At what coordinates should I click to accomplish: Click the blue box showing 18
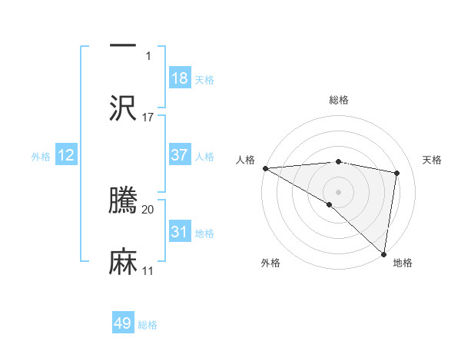pyautogui.click(x=180, y=78)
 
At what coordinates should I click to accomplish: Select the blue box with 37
pyautogui.click(x=180, y=155)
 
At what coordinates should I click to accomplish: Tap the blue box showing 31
pyautogui.click(x=180, y=232)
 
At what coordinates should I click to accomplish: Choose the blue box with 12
pyautogui.click(x=66, y=155)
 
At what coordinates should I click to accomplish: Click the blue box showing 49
pyautogui.click(x=123, y=323)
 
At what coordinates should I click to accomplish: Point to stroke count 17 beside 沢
pyautogui.click(x=148, y=117)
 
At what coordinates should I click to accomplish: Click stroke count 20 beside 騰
pyautogui.click(x=148, y=209)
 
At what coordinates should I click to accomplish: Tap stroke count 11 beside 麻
pyautogui.click(x=148, y=270)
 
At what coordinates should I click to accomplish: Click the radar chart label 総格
pyautogui.click(x=338, y=100)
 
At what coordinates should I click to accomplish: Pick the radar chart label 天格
pyautogui.click(x=432, y=160)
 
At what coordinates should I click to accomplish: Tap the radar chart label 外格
pyautogui.click(x=270, y=263)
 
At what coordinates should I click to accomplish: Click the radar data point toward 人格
pyautogui.click(x=265, y=168)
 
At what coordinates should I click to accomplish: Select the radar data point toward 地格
pyautogui.click(x=383, y=254)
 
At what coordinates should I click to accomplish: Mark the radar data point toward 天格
pyautogui.click(x=397, y=173)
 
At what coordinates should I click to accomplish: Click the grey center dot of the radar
pyautogui.click(x=338, y=191)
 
